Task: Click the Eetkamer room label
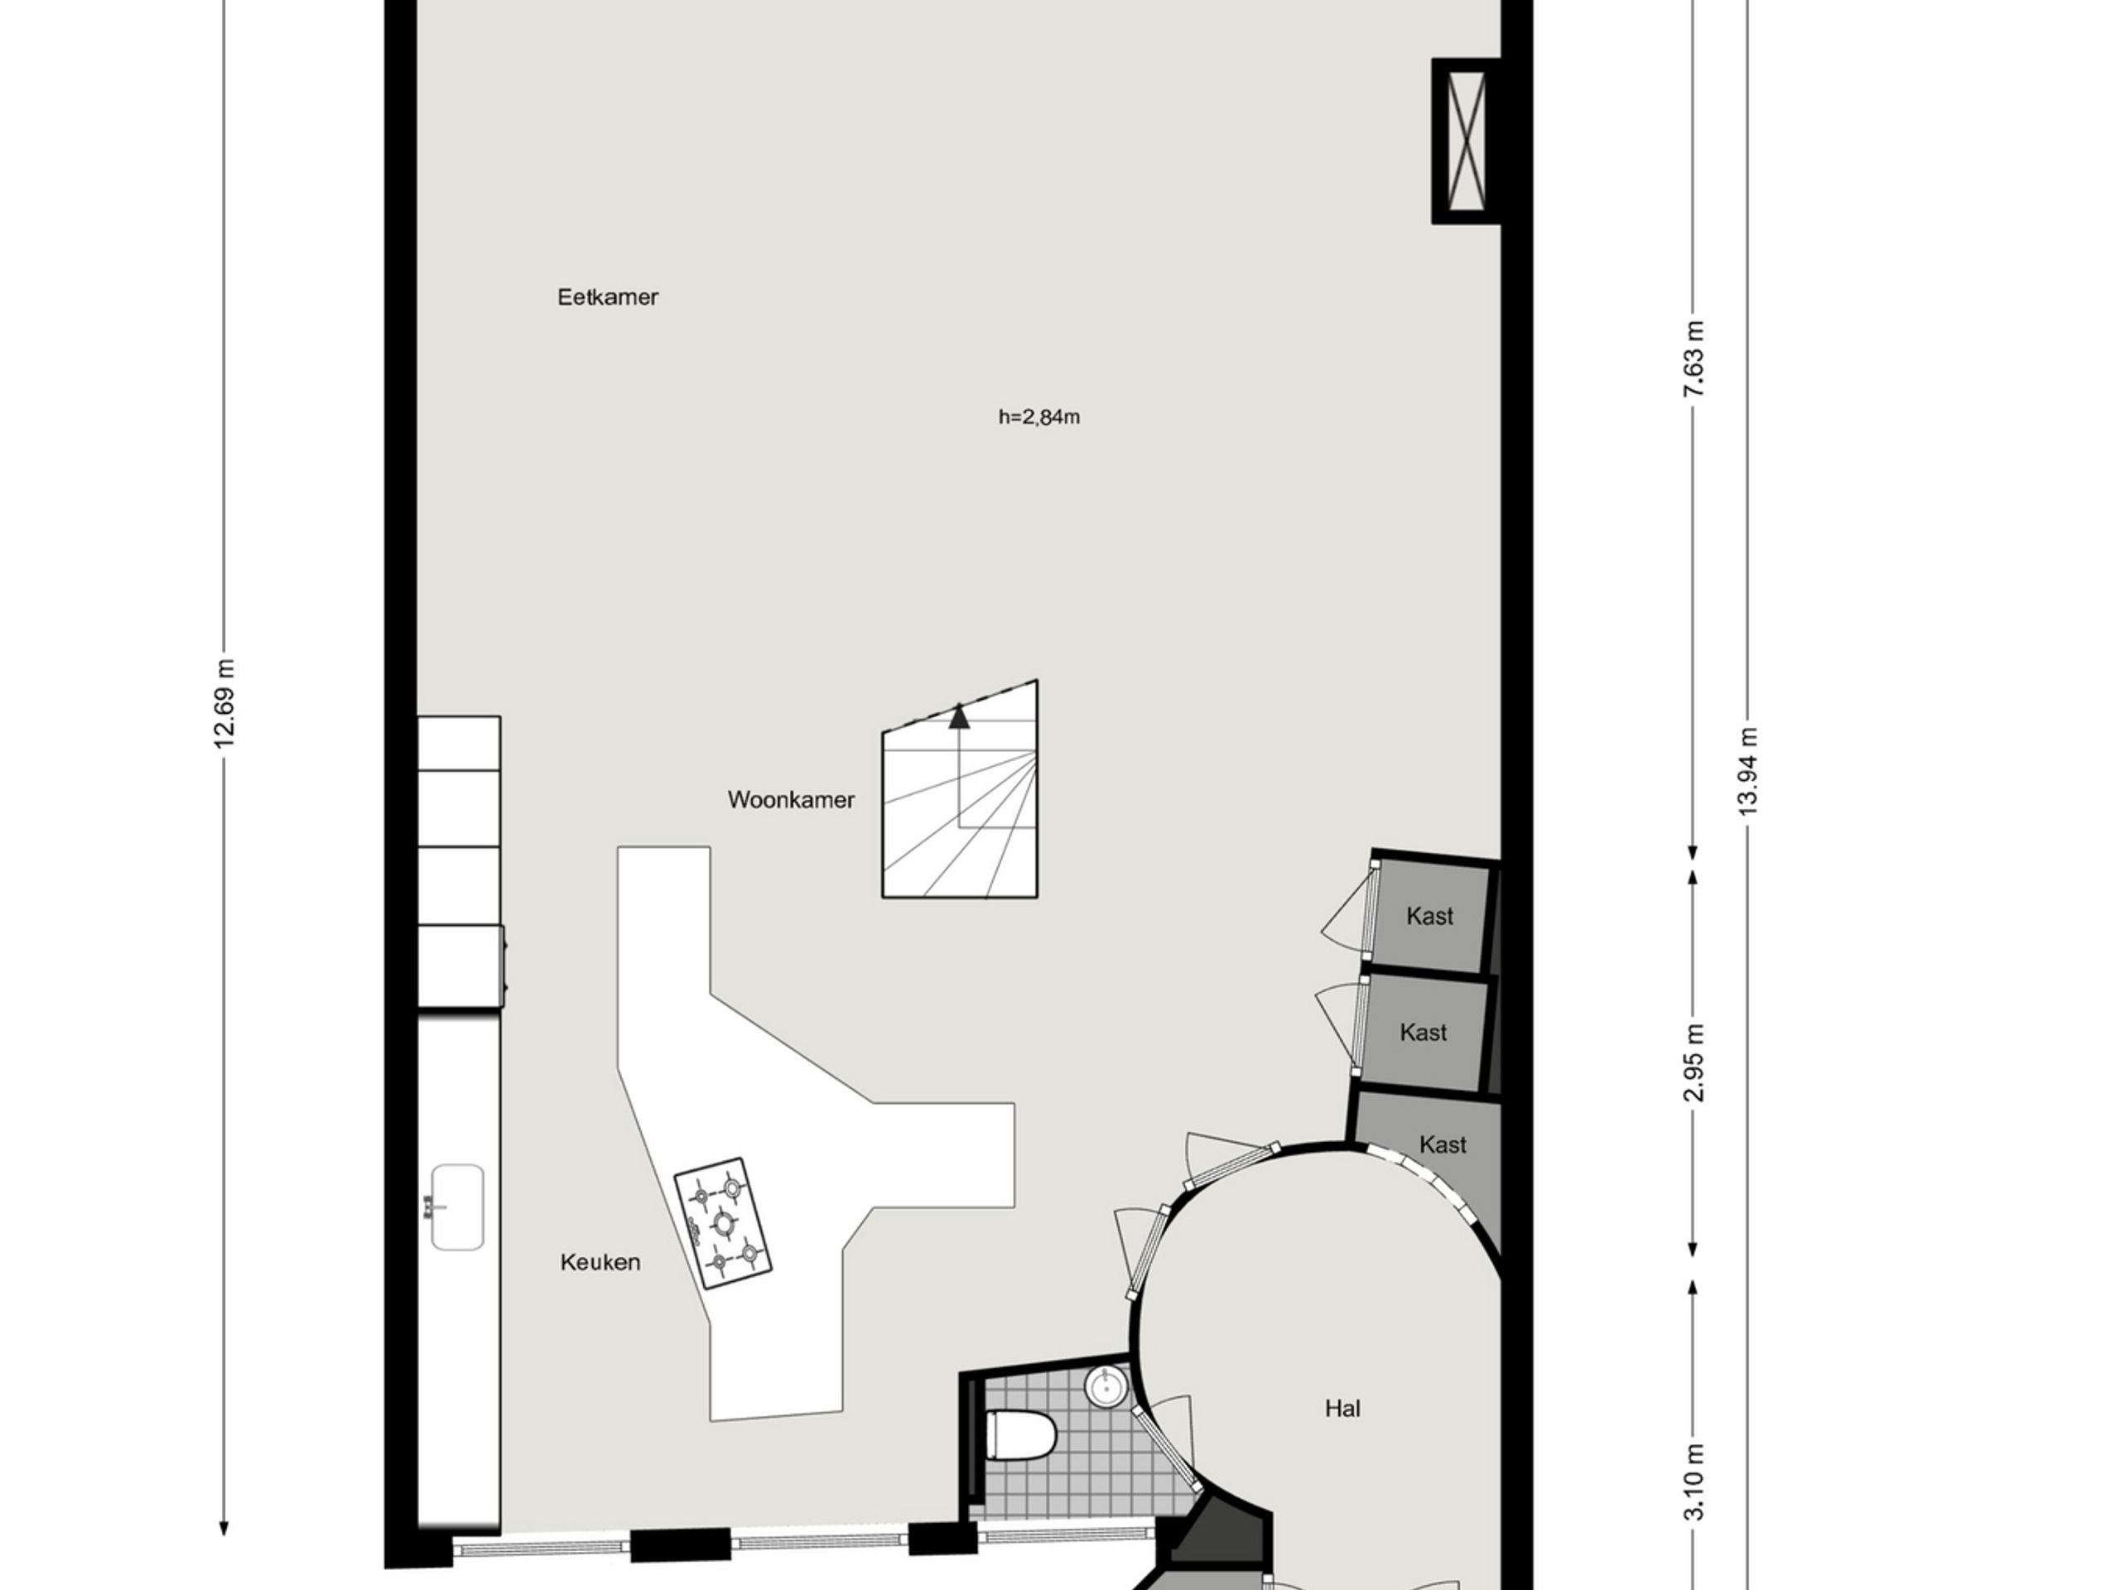(x=608, y=297)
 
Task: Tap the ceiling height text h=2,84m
(x=1039, y=417)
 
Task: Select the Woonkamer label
(x=791, y=799)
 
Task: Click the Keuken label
(x=600, y=1262)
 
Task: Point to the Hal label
(x=1342, y=1408)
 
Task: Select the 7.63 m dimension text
(x=1694, y=359)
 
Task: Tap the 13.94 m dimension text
(x=1748, y=772)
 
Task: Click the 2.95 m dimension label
(x=1694, y=1062)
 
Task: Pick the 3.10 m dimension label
(x=1694, y=1482)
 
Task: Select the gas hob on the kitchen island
(x=724, y=1223)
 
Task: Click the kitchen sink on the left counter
(x=457, y=1207)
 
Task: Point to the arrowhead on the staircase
(x=958, y=717)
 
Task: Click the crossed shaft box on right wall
(x=1466, y=141)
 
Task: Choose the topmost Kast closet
(x=1430, y=916)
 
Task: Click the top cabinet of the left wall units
(x=459, y=743)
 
